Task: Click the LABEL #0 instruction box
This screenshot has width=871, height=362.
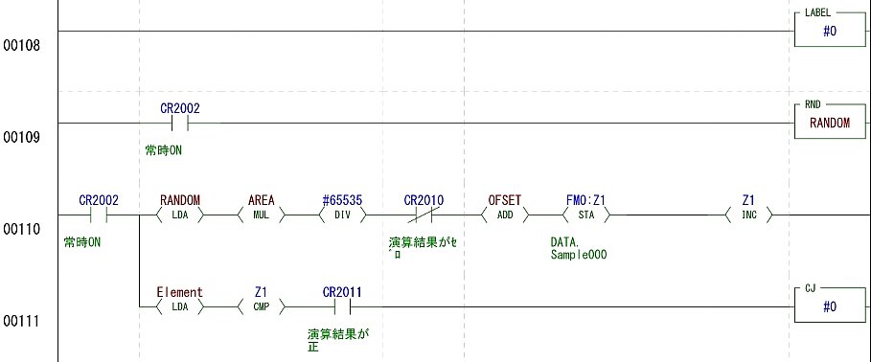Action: point(830,31)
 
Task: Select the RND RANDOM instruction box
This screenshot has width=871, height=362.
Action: point(830,123)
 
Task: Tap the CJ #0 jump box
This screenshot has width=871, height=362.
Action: point(830,305)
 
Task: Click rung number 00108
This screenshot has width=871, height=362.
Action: point(22,46)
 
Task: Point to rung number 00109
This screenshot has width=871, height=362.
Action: point(22,137)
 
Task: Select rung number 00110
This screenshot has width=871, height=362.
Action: point(22,229)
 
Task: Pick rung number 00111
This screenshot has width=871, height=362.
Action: point(22,321)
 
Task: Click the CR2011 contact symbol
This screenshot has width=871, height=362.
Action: point(342,306)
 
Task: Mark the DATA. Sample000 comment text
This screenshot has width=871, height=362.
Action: point(579,249)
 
